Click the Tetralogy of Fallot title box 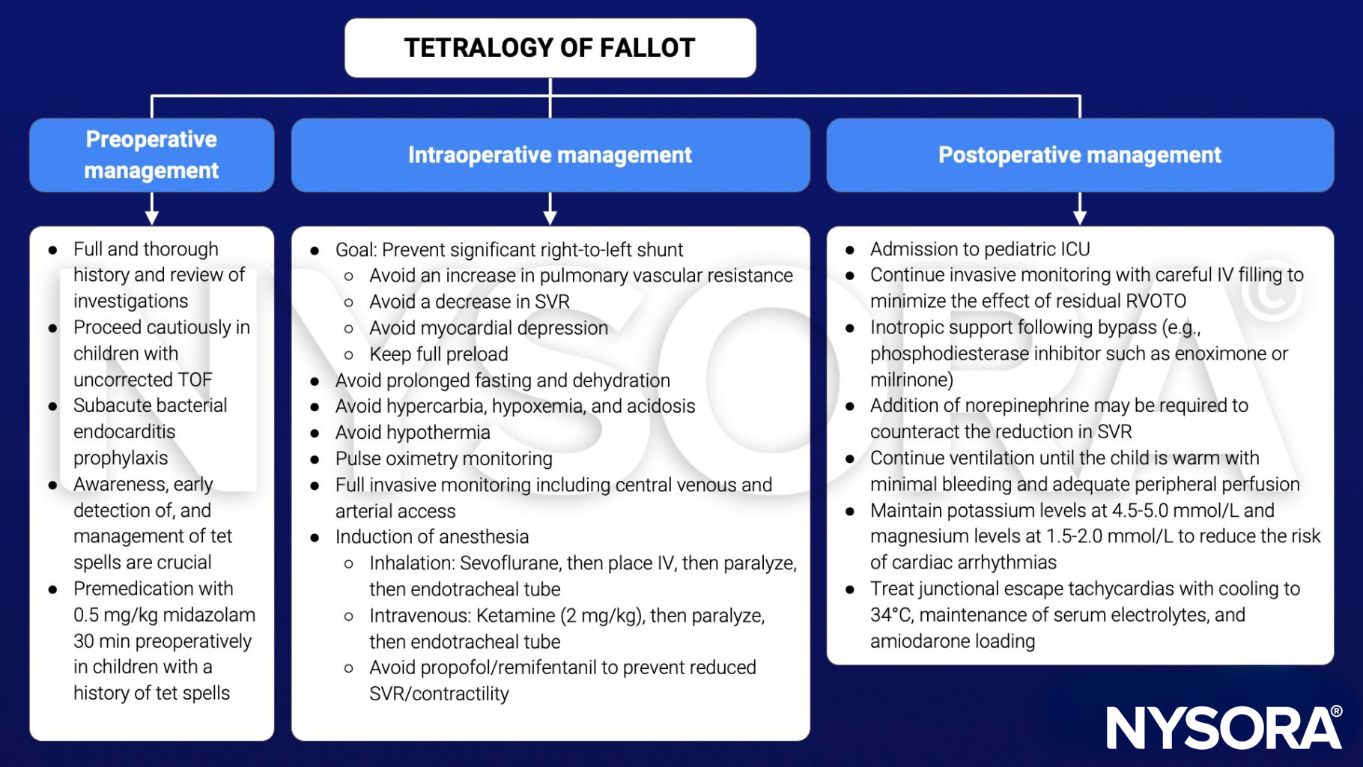(x=550, y=48)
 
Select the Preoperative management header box (x=151, y=155)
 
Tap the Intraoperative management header (x=550, y=155)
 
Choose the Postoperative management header (x=1079, y=155)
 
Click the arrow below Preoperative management (x=152, y=209)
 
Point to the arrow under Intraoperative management (x=550, y=209)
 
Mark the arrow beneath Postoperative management (x=1079, y=209)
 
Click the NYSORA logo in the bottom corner (x=1224, y=727)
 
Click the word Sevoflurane (x=511, y=563)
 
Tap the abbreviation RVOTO (x=1157, y=301)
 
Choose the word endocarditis (x=124, y=432)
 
